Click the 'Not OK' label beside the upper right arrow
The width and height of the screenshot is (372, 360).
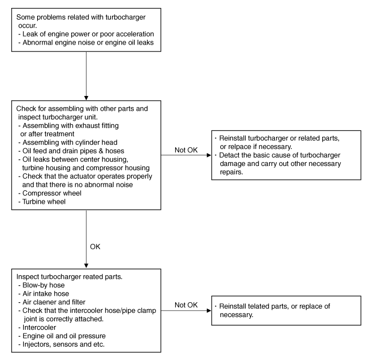coord(186,150)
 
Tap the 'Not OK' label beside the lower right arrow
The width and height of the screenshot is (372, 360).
coord(186,305)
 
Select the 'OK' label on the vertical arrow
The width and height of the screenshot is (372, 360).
coord(95,247)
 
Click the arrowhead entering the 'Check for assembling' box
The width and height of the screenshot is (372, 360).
coord(86,98)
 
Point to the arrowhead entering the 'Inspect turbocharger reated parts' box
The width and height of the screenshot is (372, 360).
coord(86,266)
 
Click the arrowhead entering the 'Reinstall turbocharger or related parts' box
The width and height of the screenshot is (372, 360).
coord(209,155)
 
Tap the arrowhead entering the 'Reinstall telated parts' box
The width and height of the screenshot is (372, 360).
coord(209,311)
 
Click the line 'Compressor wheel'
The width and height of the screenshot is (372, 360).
coord(50,193)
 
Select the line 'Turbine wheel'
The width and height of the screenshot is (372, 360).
coord(42,201)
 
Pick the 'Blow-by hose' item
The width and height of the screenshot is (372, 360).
coord(41,285)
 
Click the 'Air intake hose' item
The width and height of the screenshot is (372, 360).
coord(44,294)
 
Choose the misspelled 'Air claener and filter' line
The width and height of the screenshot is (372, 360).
coord(52,302)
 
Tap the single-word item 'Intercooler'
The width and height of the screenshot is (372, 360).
coord(37,328)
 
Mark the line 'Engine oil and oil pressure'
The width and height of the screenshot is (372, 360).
coord(62,336)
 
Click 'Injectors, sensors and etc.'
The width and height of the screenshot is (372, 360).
coord(62,344)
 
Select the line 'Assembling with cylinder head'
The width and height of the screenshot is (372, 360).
coord(68,143)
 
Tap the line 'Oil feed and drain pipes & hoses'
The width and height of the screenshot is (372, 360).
coord(72,151)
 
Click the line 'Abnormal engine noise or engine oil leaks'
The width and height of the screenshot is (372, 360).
coord(86,42)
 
